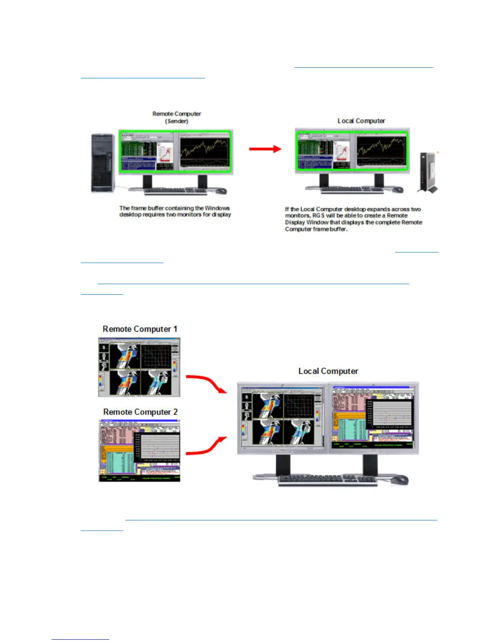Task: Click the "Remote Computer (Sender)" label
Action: [177, 117]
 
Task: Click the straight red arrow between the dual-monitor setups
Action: [265, 149]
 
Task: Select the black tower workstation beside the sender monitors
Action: [103, 163]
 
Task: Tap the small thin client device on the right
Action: [428, 173]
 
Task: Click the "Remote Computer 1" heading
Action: [140, 329]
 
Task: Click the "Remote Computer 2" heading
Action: [140, 412]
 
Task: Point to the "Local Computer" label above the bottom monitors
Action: [328, 371]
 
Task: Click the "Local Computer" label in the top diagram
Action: [361, 121]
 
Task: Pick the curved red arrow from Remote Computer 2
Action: [206, 446]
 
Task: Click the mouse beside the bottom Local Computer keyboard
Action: [399, 480]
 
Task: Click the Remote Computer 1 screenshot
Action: [139, 367]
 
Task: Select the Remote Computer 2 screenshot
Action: [139, 451]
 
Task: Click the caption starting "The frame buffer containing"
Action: [175, 211]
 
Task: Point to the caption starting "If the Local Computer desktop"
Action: [353, 219]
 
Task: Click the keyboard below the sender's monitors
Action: [175, 191]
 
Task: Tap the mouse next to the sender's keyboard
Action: [221, 191]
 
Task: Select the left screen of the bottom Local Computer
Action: [283, 418]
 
